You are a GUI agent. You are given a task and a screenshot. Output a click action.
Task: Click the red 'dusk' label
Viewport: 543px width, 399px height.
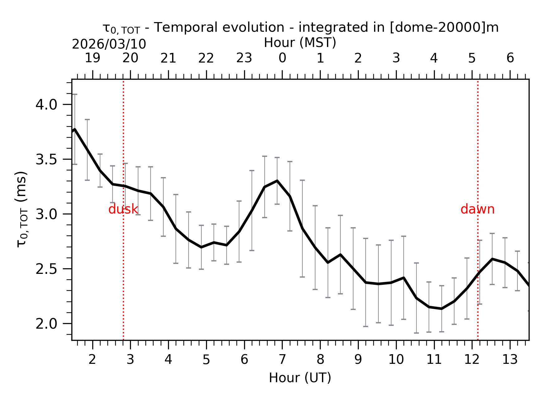pyautogui.click(x=123, y=209)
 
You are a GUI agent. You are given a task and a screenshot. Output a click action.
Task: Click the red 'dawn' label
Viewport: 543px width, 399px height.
pyautogui.click(x=477, y=209)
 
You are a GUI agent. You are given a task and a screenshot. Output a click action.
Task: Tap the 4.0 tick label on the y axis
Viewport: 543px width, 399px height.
pyautogui.click(x=46, y=105)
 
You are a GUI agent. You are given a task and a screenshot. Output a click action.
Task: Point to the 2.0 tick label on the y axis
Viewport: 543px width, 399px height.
pyautogui.click(x=46, y=324)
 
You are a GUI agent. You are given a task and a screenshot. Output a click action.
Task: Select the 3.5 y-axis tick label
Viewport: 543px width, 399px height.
pyautogui.click(x=46, y=160)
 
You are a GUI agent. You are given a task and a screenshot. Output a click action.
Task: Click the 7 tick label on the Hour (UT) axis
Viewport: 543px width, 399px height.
pyautogui.click(x=282, y=360)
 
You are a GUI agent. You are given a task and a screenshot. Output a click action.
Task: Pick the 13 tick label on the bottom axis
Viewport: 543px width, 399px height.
pyautogui.click(x=510, y=360)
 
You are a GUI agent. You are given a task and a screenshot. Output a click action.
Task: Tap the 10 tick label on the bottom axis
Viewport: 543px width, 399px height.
pyautogui.click(x=396, y=360)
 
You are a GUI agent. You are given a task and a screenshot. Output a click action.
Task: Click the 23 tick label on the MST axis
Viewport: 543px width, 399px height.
pyautogui.click(x=244, y=58)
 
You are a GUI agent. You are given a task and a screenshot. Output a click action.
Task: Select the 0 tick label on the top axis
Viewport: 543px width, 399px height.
pyautogui.click(x=282, y=58)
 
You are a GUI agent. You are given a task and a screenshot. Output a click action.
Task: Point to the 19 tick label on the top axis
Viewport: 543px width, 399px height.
pyautogui.click(x=93, y=58)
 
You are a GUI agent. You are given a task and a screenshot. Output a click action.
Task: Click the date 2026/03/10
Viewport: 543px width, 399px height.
pyautogui.click(x=109, y=45)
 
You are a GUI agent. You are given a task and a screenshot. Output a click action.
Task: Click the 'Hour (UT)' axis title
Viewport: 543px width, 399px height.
pyautogui.click(x=300, y=378)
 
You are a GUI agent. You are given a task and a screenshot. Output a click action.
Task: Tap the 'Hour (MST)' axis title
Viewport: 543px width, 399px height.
pyautogui.click(x=300, y=43)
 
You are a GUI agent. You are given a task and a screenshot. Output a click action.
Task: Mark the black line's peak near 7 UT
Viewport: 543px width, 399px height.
pyautogui.click(x=277, y=181)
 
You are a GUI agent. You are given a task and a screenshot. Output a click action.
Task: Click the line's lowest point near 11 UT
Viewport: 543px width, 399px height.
pyautogui.click(x=441, y=308)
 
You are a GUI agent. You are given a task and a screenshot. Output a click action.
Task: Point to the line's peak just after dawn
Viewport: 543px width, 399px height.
pyautogui.click(x=492, y=259)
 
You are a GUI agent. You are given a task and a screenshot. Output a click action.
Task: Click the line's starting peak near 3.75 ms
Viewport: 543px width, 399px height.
pyautogui.click(x=75, y=129)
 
